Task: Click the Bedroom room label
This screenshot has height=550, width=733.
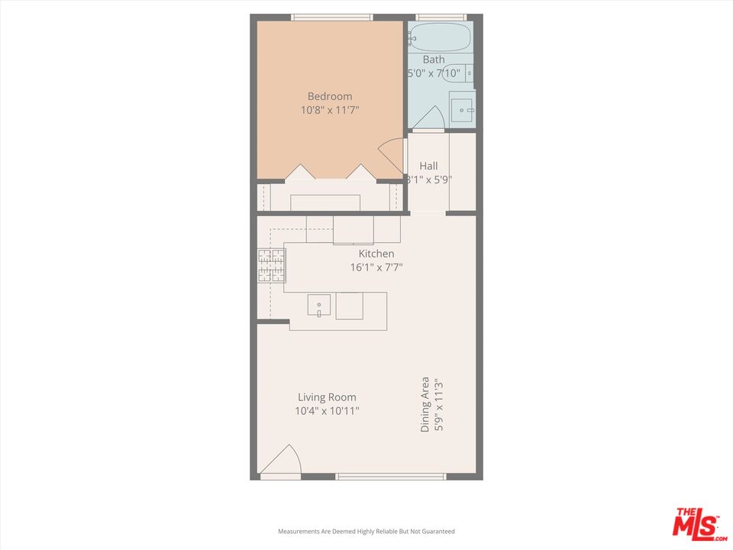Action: pos(330,96)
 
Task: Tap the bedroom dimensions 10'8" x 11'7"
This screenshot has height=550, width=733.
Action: pos(330,110)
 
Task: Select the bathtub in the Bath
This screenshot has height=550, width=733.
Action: pos(439,37)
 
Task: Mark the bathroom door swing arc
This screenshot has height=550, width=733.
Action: pos(433,116)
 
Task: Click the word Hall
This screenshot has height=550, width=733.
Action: pos(428,166)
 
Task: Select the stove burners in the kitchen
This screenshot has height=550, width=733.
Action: pos(271,265)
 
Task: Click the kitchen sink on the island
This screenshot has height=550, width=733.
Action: pos(319,306)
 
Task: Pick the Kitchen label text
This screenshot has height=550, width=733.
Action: pos(376,254)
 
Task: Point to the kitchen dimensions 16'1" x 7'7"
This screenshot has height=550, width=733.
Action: pos(376,267)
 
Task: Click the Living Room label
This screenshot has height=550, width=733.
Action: pos(327,397)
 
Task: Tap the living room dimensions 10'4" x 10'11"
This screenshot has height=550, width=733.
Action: pos(327,411)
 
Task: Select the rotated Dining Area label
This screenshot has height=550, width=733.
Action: pos(431,405)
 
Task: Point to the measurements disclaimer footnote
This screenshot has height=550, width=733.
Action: pos(366,531)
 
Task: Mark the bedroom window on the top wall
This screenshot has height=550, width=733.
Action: pos(331,17)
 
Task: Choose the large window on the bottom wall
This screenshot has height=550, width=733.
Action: pos(390,477)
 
